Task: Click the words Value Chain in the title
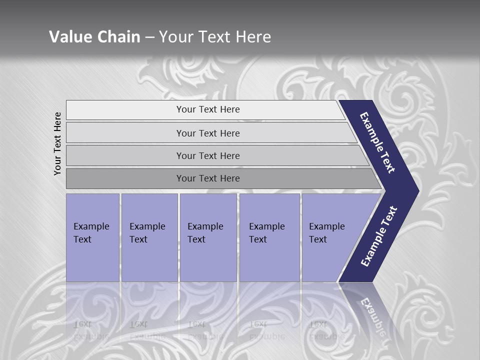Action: [94, 37]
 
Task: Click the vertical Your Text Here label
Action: [58, 144]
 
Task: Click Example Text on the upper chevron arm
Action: [377, 142]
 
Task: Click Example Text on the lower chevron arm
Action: [378, 236]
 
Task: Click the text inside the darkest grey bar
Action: [208, 178]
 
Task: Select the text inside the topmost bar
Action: [208, 109]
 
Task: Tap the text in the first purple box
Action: [91, 232]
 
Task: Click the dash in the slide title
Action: [149, 37]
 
